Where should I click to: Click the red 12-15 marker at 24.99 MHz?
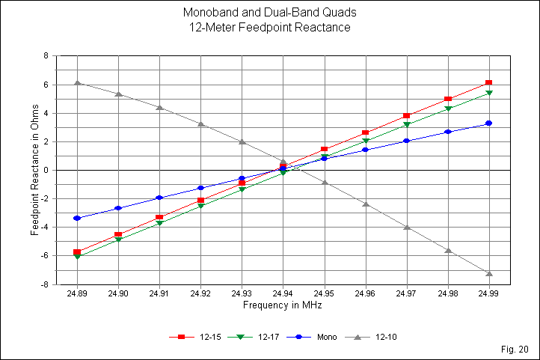(488, 83)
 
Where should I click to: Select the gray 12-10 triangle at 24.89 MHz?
(77, 83)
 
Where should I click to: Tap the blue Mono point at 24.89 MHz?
(77, 218)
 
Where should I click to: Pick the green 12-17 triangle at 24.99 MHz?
(488, 93)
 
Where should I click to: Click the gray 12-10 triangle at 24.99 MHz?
(488, 273)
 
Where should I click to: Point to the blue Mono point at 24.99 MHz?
(488, 123)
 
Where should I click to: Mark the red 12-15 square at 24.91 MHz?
(159, 218)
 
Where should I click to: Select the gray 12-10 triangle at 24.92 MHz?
(200, 123)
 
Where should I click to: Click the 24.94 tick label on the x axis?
(283, 296)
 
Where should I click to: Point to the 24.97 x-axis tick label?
(406, 296)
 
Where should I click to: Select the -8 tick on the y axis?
(48, 285)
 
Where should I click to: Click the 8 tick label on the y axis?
(49, 56)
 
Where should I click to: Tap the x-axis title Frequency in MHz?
(283, 306)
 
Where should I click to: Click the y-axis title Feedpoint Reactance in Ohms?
(34, 170)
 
